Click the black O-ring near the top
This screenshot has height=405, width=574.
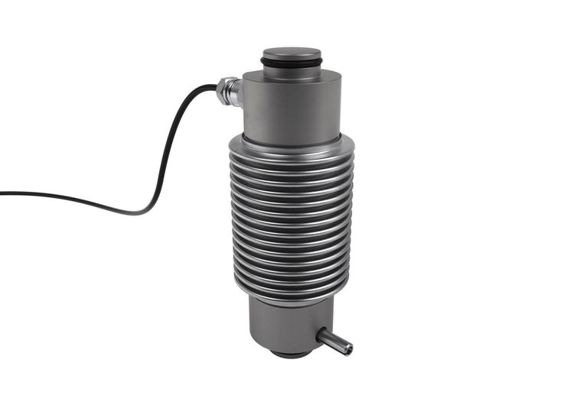coord(291,61)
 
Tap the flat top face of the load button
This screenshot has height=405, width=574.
coord(291,53)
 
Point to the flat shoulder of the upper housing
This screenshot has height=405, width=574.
coord(321,75)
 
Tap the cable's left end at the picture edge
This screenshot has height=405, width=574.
coord(2,193)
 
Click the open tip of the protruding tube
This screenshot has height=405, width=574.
coord(348,348)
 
